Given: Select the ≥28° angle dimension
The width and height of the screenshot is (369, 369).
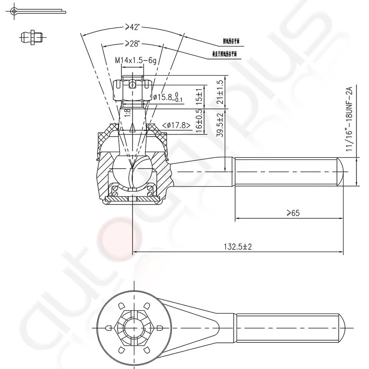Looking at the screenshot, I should point(132,44).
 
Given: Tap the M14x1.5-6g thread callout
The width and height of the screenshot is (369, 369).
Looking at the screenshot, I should point(136,60).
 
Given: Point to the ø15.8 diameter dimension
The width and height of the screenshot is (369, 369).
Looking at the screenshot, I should point(168,96).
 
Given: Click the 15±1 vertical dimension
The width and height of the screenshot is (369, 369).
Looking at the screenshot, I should point(199,97).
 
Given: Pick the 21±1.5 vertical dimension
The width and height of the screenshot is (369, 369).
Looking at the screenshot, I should point(220,92).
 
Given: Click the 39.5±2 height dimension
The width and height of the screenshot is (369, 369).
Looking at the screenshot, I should point(220,128).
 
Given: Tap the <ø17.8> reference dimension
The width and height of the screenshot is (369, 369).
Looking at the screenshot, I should point(177,125).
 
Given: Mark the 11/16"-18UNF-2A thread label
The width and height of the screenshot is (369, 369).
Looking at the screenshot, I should point(349,119).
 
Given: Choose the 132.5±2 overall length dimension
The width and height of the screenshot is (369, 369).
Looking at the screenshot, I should point(238,247).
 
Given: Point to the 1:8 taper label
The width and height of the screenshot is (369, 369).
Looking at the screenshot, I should point(128,112).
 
